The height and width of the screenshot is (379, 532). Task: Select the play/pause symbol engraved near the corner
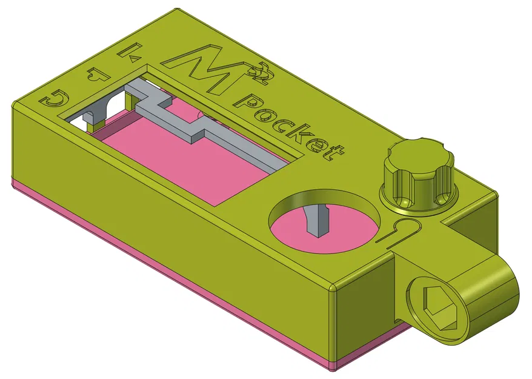(130, 53)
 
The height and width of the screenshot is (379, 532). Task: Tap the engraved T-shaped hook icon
(96, 75)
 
